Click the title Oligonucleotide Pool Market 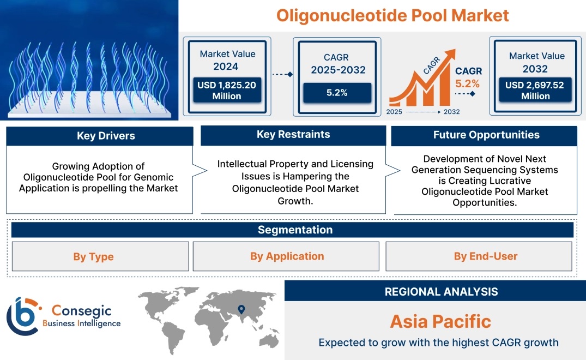[x=392, y=15]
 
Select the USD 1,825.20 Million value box [x=227, y=91]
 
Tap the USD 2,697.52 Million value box [x=535, y=91]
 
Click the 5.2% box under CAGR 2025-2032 [x=337, y=93]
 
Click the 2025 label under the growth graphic [x=395, y=112]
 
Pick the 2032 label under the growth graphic [x=451, y=112]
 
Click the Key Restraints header [x=293, y=135]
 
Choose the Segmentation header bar [x=295, y=230]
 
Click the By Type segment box [x=94, y=256]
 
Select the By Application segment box [x=287, y=256]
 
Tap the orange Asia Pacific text [x=440, y=321]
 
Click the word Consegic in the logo [x=81, y=311]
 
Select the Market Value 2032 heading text [x=536, y=62]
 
